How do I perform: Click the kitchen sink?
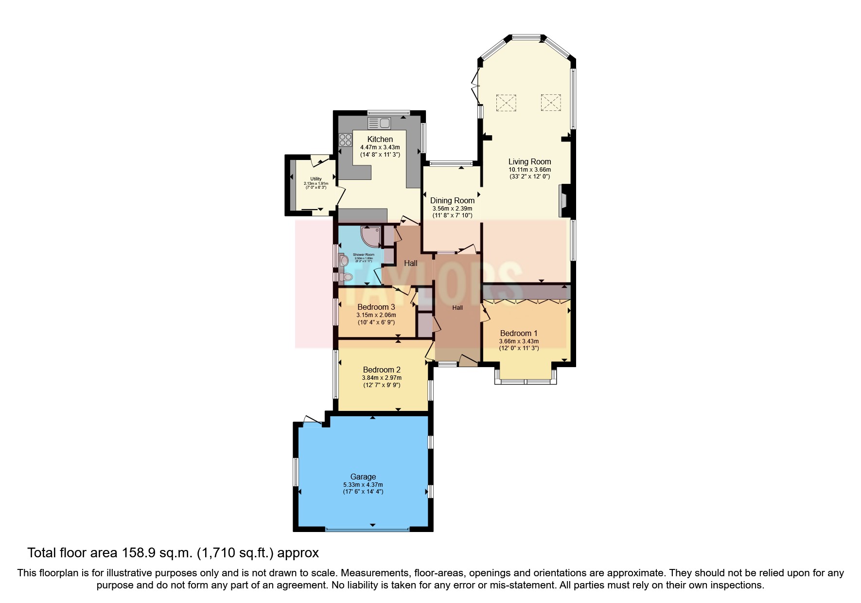click(x=379, y=122)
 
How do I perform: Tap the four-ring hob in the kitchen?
click(x=345, y=140)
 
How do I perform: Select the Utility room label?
click(x=316, y=179)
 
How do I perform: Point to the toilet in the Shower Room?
click(x=346, y=278)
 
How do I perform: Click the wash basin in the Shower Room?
click(x=344, y=261)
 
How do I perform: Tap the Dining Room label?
click(x=452, y=200)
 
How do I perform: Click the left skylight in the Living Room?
click(x=506, y=102)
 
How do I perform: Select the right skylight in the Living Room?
click(x=551, y=102)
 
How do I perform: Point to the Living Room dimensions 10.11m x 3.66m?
click(x=529, y=170)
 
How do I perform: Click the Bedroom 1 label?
click(x=519, y=333)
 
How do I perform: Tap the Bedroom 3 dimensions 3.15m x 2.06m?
click(x=376, y=315)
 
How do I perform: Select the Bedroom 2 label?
click(x=382, y=370)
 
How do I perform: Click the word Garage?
click(x=363, y=477)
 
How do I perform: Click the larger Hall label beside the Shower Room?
click(x=411, y=263)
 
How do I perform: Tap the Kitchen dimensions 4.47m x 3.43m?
click(x=380, y=147)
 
